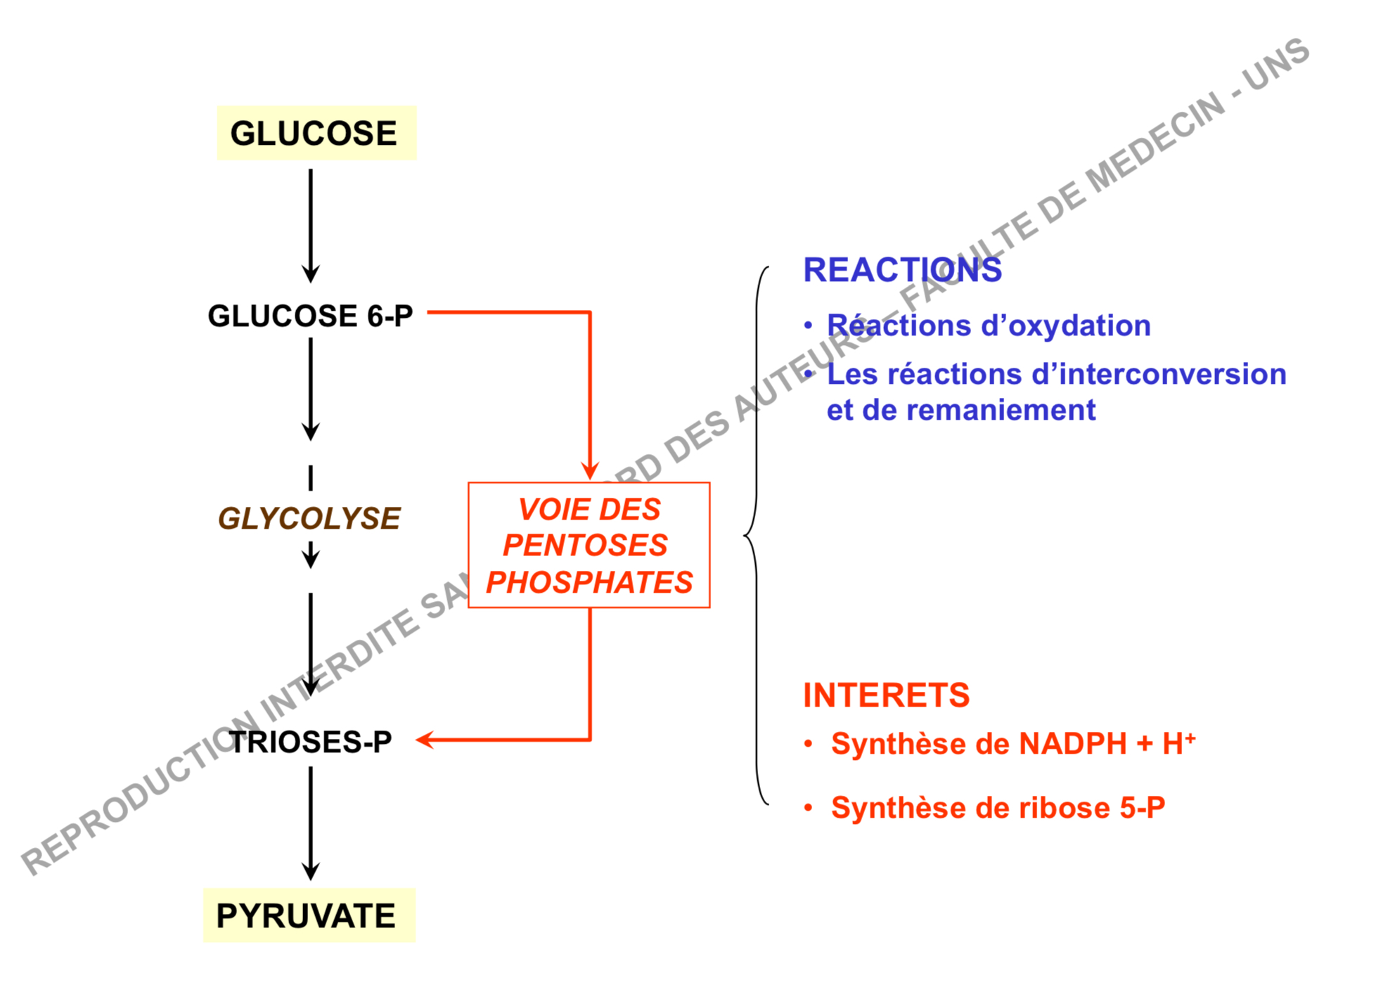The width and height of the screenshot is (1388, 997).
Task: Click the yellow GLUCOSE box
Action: point(316,133)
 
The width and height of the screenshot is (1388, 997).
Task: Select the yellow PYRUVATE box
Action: point(309,915)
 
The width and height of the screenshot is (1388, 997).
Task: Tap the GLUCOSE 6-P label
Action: point(310,316)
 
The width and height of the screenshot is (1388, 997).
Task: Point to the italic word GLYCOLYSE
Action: point(309,518)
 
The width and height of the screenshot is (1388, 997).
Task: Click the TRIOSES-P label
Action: point(310,742)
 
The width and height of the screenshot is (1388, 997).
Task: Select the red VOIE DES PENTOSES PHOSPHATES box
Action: point(589,545)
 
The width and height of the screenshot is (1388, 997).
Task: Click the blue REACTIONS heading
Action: point(902,270)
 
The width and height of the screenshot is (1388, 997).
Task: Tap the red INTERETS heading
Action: point(886,695)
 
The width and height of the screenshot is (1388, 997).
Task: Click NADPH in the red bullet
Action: point(1072,744)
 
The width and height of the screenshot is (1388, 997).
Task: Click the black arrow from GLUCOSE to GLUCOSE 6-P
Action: point(311,225)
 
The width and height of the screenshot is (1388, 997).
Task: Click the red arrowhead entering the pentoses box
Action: point(589,470)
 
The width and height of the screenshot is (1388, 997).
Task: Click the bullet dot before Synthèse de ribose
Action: point(809,808)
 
